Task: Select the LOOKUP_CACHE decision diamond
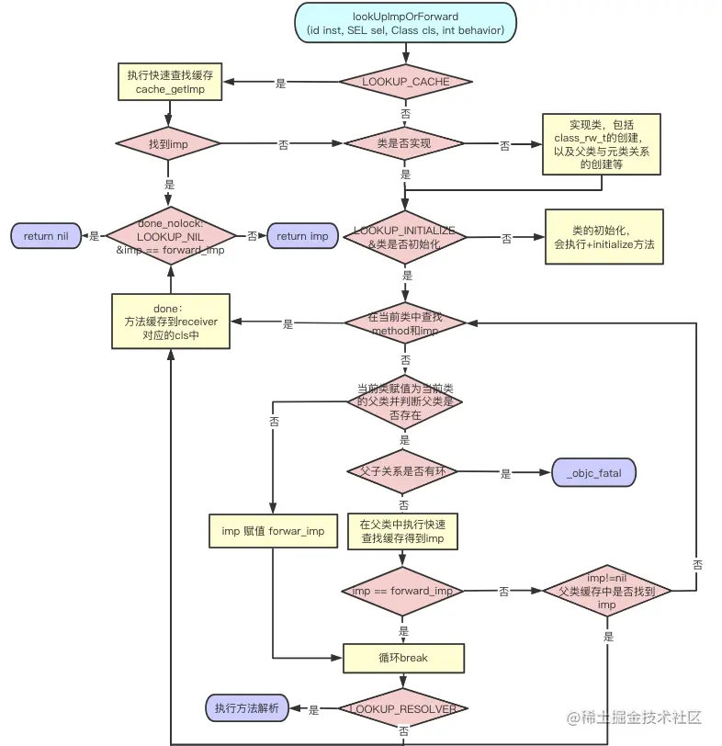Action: coord(405,82)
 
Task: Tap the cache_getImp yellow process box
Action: coord(167,82)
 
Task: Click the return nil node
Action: coord(46,236)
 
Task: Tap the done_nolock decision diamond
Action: coord(168,236)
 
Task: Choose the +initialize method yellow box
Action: coord(604,237)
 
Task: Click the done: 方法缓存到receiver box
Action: coord(170,322)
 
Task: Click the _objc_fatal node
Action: coord(593,473)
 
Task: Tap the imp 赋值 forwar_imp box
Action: coord(273,531)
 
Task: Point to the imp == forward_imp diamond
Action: coord(403,591)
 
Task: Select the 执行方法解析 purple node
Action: coord(244,708)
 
